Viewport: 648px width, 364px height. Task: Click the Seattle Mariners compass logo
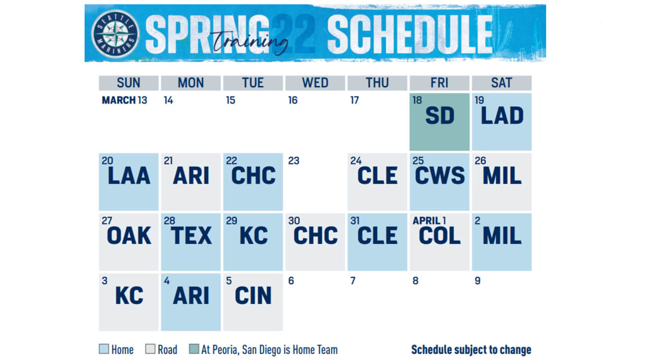coord(115,34)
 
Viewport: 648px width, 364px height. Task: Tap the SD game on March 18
coord(439,122)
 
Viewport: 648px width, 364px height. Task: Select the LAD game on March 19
coord(502,122)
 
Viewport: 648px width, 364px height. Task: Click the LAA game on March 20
coord(128,182)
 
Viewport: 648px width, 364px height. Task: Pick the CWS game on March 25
coord(439,182)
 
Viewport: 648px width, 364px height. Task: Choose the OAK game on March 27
coord(128,242)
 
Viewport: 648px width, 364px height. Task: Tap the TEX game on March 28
coord(191,242)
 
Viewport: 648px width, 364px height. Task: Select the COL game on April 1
coord(439,242)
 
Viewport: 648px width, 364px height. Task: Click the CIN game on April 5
coord(253,301)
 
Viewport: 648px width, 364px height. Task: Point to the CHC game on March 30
coord(315,242)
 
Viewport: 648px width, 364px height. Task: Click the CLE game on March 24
coord(377,182)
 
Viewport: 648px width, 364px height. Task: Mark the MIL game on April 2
coord(502,242)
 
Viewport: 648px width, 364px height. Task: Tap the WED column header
coord(315,83)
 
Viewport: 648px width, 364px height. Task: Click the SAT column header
coord(502,83)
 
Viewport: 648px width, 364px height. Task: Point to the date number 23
coord(294,161)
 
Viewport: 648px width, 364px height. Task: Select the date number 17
coord(354,100)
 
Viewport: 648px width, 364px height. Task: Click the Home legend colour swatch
coord(104,349)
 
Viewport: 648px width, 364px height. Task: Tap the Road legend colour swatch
coord(151,349)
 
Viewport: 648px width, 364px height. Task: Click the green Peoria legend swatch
coord(194,349)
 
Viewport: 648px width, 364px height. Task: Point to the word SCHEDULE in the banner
coord(410,35)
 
